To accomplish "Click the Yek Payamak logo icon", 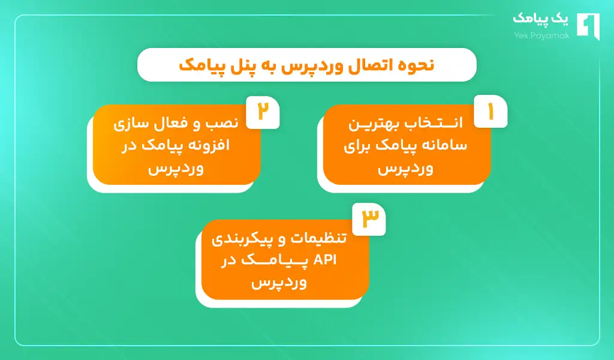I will pos(587,27).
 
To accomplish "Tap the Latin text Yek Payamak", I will pos(539,35).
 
